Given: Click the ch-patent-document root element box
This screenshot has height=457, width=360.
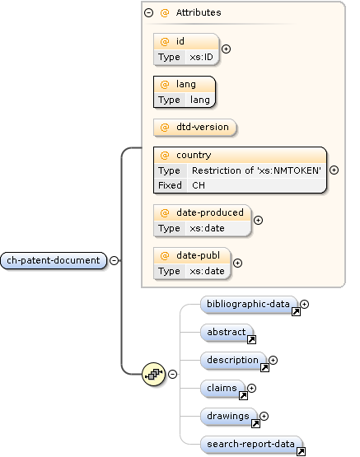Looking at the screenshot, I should (x=54, y=260).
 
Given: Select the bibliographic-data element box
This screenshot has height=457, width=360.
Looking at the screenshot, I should (x=248, y=305).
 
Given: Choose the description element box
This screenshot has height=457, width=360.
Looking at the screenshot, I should (x=232, y=361).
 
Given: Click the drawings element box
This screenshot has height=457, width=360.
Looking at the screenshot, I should (x=228, y=416).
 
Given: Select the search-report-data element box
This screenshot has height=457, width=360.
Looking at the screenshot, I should (x=250, y=445).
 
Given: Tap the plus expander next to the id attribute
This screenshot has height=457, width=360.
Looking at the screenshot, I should (x=226, y=49).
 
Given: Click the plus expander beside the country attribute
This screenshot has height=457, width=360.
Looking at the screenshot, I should (x=334, y=170).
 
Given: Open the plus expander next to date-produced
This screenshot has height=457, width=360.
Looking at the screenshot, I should (x=258, y=220).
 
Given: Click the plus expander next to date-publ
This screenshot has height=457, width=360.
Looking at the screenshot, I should (x=237, y=263).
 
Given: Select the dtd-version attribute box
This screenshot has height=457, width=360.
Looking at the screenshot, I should (x=195, y=128).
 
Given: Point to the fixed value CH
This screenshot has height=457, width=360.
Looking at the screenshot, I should (x=199, y=185).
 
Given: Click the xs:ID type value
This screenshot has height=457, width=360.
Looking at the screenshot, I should (x=201, y=58).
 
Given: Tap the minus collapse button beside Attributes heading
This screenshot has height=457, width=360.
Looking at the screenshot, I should (x=148, y=12).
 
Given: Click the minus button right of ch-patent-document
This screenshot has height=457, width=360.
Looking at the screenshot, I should (x=114, y=260).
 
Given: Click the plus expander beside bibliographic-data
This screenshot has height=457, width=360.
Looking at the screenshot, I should (x=304, y=304).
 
